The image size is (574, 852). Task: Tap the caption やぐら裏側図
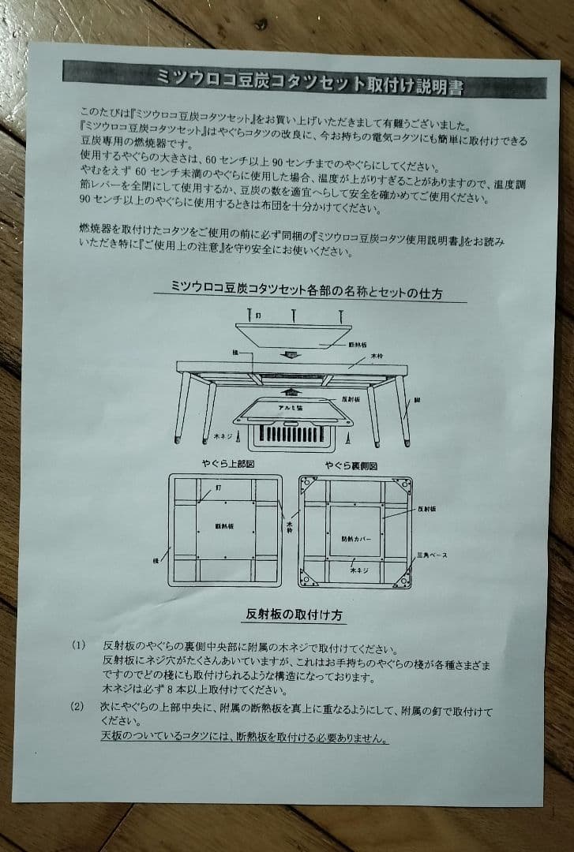[x=355, y=466]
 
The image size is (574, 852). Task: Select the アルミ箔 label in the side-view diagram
[x=291, y=408]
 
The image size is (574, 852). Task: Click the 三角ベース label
[x=432, y=555]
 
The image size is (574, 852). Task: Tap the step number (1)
[x=77, y=645]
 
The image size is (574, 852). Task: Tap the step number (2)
[x=77, y=705]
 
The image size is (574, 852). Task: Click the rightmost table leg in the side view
[x=403, y=409]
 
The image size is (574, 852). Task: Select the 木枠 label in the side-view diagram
[x=377, y=357]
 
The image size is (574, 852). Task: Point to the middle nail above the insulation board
[x=294, y=314]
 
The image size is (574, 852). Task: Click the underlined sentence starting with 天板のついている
[x=244, y=739]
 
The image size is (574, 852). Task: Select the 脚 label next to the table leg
[x=416, y=400]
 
